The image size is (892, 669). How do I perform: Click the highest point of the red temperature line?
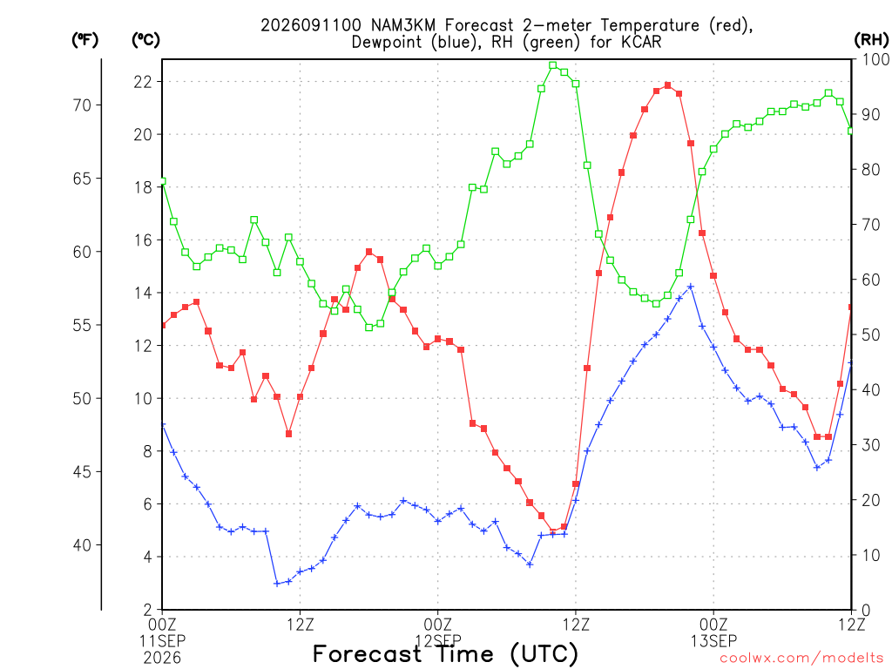(667, 85)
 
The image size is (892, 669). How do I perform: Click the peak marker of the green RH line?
(552, 65)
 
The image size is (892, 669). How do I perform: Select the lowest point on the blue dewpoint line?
(277, 584)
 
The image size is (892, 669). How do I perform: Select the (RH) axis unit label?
(871, 39)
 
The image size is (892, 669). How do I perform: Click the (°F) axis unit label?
(84, 40)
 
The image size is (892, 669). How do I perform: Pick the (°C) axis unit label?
(145, 40)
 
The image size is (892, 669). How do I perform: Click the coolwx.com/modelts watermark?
(801, 659)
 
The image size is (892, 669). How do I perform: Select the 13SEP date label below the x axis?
(713, 641)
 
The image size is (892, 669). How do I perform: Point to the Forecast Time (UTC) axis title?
(445, 654)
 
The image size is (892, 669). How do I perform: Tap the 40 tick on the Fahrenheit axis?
(82, 545)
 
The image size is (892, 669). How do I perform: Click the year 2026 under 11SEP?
(162, 659)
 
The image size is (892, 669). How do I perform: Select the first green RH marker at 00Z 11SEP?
(162, 181)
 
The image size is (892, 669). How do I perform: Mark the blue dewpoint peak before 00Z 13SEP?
(691, 287)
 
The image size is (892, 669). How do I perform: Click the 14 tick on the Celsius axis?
(143, 293)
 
